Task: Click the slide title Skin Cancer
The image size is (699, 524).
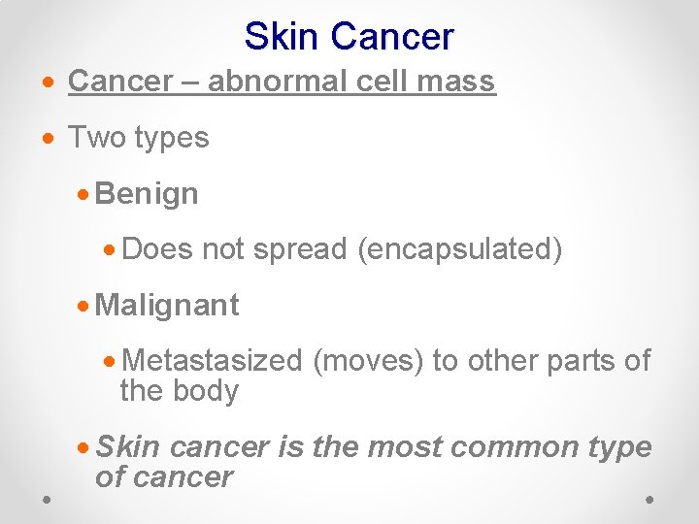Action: pos(349,37)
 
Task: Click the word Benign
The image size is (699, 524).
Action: pos(148,193)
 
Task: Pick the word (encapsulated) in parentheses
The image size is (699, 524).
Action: pos(460,249)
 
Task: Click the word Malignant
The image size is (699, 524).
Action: pos(168,306)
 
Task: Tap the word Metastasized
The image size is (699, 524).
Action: pos(214,361)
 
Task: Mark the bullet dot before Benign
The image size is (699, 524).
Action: pos(84,194)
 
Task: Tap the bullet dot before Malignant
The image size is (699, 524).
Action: pos(84,307)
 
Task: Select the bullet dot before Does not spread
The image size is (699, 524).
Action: pos(112,250)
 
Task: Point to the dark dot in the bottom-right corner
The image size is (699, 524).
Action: pos(649,498)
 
